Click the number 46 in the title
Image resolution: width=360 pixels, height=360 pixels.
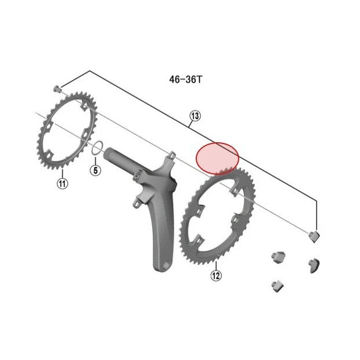pos(175,80)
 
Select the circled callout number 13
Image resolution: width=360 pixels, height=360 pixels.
pos(195,116)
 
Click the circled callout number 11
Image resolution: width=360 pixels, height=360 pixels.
pos(63,183)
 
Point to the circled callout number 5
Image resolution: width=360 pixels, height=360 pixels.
pos(95,170)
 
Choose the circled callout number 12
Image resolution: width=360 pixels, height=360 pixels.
pos(216,275)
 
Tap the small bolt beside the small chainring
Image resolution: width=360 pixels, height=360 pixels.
pos(57,89)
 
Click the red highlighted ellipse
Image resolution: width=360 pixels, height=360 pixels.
pos(217,159)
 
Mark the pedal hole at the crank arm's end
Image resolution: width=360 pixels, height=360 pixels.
pos(165,265)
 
